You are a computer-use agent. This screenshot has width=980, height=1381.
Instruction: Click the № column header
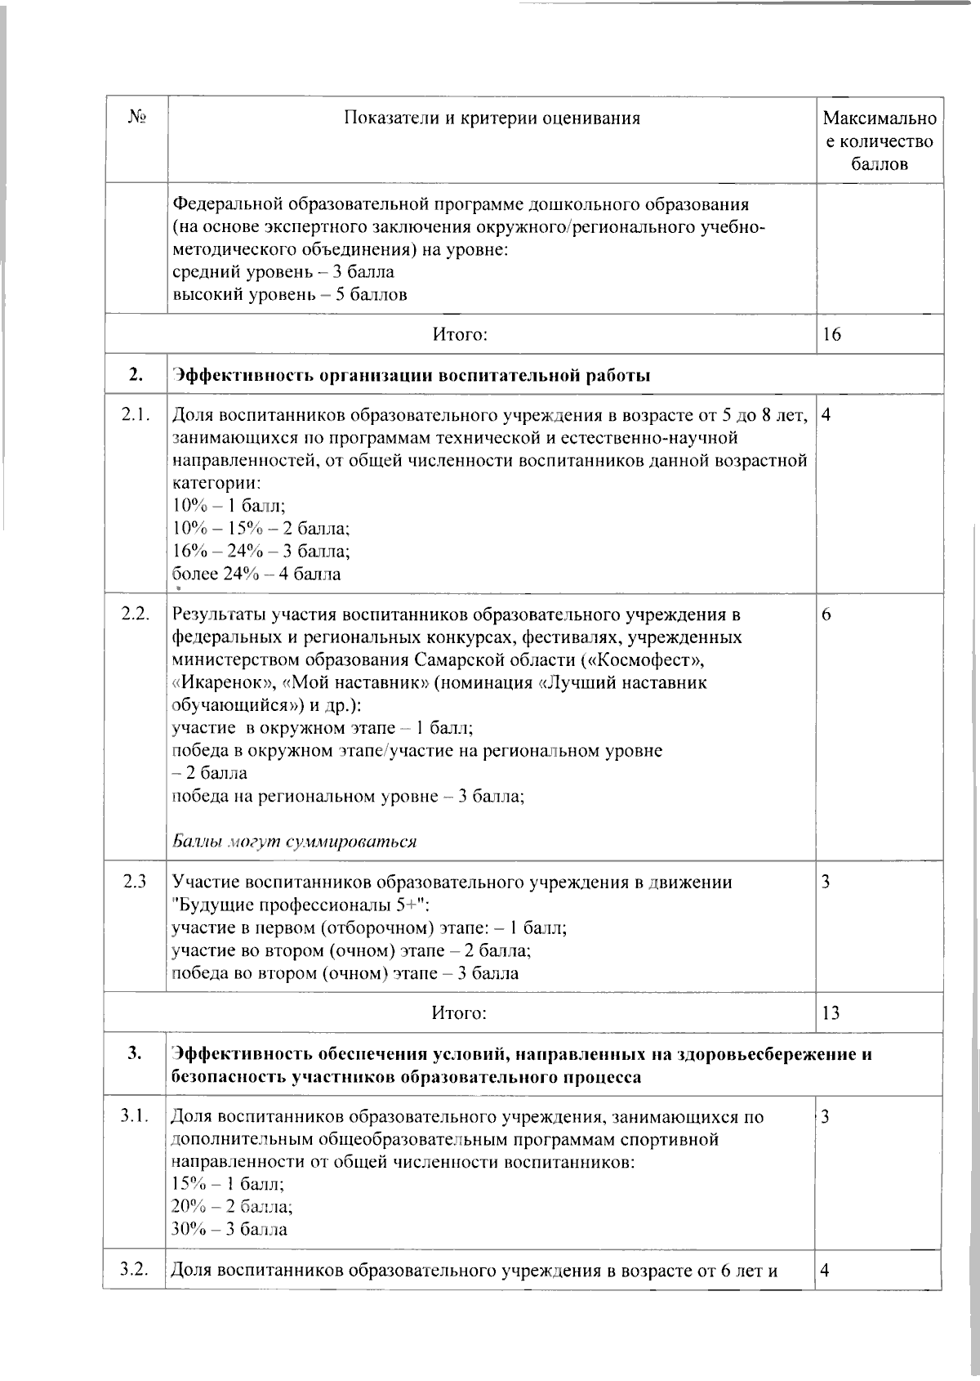point(136,118)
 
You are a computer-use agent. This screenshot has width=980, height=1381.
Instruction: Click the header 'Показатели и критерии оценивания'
point(492,118)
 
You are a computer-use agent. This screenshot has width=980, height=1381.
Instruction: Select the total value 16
point(832,334)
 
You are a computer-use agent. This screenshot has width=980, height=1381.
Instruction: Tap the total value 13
point(831,1013)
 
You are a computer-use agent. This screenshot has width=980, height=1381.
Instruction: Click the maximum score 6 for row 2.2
point(826,615)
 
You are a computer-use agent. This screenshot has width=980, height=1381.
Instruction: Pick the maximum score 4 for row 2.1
point(826,415)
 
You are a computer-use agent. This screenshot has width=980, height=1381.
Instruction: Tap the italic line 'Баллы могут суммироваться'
point(294,842)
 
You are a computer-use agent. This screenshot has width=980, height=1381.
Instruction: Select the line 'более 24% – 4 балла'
point(256,574)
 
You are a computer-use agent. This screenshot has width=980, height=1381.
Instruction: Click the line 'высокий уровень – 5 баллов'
point(289,294)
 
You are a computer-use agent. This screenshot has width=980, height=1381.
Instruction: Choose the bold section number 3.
point(135,1054)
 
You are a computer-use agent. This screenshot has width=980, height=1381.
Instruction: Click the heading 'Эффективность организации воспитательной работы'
point(411,376)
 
